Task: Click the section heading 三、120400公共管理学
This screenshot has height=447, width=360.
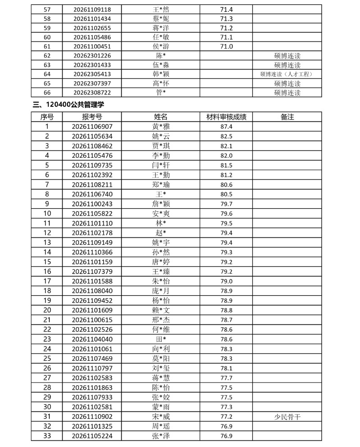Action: (69, 105)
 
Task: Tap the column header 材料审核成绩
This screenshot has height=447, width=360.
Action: (226, 117)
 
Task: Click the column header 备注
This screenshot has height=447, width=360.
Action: (287, 117)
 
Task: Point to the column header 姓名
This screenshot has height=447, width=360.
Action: (161, 117)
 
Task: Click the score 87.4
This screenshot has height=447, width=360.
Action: (226, 127)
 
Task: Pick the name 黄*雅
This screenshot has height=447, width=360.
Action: (161, 127)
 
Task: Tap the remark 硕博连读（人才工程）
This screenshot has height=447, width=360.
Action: (287, 74)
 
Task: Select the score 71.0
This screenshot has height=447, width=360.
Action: (226, 46)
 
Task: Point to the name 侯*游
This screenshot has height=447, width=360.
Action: (161, 46)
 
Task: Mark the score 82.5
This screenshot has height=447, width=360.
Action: (226, 136)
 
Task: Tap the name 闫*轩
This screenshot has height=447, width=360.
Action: (161, 165)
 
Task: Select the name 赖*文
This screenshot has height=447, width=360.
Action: (161, 310)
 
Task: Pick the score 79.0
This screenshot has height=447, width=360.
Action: (226, 281)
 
